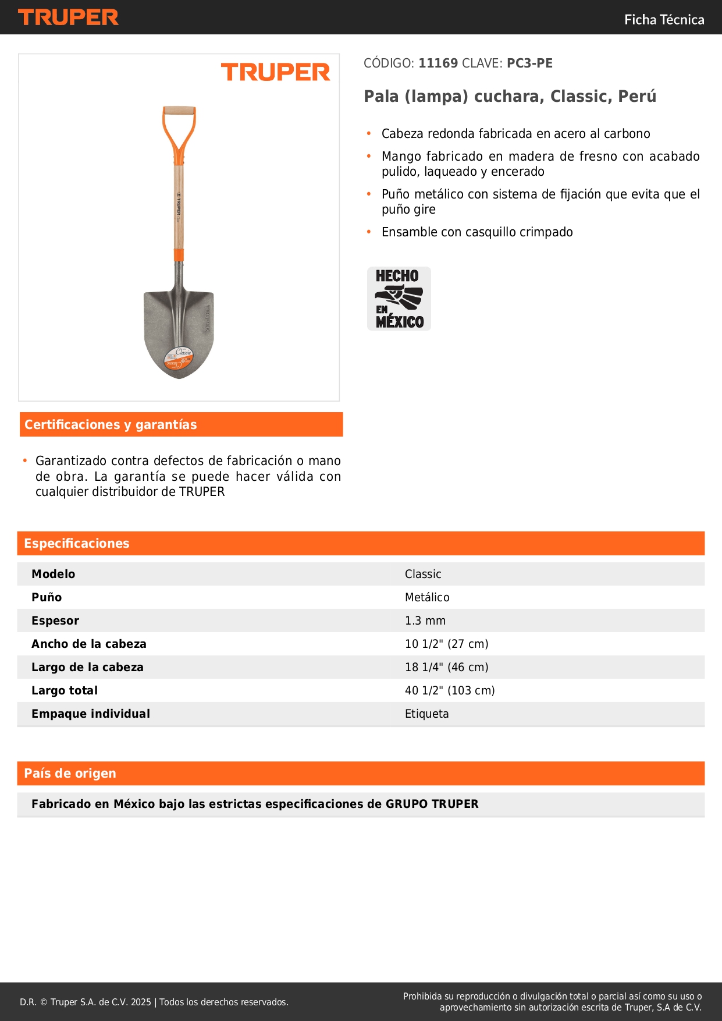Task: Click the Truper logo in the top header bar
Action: click(x=68, y=17)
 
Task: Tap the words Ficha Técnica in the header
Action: click(x=664, y=20)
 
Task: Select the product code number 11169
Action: click(x=438, y=63)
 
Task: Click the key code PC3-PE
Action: click(x=529, y=63)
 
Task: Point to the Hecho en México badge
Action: click(x=399, y=299)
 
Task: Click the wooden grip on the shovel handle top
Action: click(x=179, y=111)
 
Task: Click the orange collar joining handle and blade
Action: click(x=179, y=255)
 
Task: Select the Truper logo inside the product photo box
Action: click(x=275, y=73)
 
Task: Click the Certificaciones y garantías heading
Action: click(x=111, y=425)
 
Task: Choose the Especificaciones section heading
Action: click(x=77, y=544)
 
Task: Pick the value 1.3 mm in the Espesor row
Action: click(x=425, y=621)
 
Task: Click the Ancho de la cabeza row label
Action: click(x=89, y=644)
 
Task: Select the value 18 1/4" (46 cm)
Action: click(x=446, y=668)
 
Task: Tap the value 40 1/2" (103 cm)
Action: click(x=450, y=691)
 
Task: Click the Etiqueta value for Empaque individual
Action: click(x=426, y=714)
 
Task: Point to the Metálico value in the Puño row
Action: click(x=427, y=598)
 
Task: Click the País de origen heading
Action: click(x=70, y=774)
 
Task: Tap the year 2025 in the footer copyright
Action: click(x=141, y=1002)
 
